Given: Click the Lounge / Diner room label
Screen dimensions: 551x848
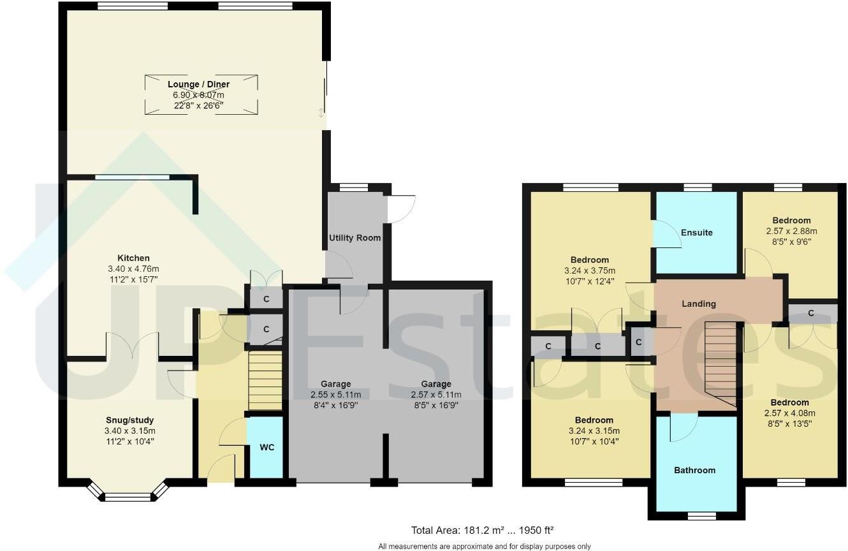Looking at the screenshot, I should coord(198,84).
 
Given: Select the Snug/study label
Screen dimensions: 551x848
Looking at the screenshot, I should coord(129,420).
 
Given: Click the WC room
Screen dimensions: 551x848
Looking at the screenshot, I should coord(267,447).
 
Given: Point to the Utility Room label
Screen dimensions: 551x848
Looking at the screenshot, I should coord(355,238).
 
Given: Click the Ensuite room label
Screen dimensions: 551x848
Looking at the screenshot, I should coord(696,233).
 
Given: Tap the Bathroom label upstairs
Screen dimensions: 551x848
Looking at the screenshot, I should coord(695,470).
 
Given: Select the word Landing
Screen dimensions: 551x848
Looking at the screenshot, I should coord(699,304).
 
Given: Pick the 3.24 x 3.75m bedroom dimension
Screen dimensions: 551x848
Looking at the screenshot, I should coord(589,270).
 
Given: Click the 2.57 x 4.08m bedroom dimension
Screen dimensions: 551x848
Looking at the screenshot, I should coord(789,413).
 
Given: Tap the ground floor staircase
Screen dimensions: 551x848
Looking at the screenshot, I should coord(265,381).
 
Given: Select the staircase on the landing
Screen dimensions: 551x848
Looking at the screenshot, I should coord(720,364).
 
